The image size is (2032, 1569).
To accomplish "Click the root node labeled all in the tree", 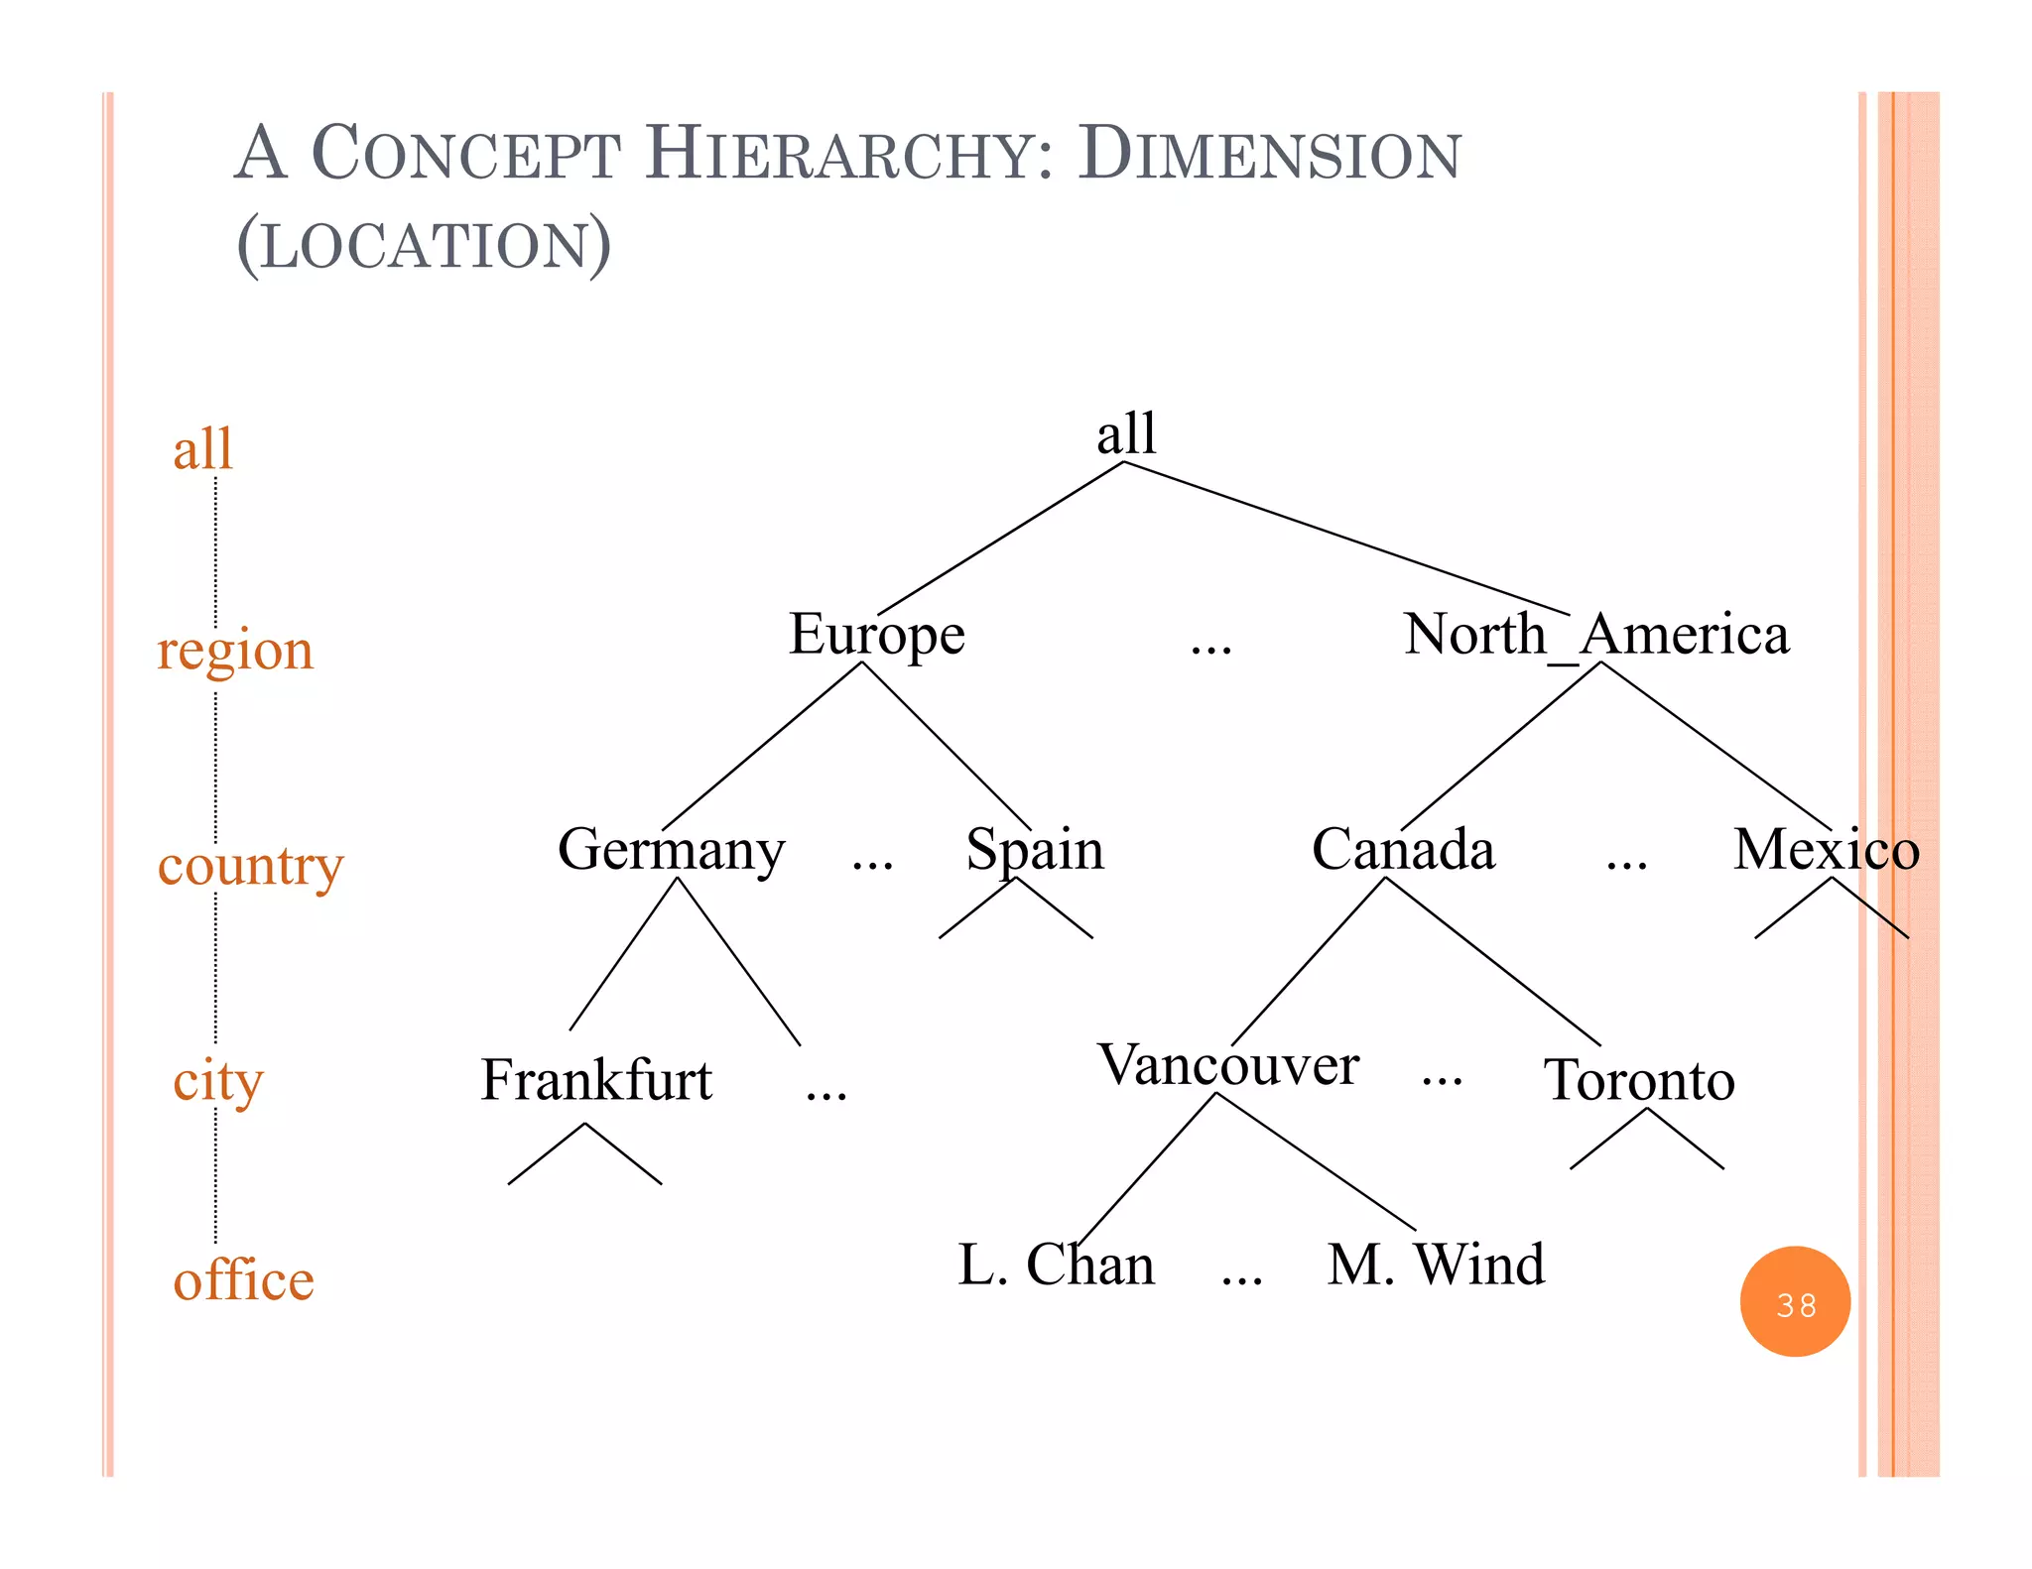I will (1126, 433).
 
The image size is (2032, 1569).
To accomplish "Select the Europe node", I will (876, 635).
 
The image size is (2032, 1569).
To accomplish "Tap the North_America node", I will (1596, 635).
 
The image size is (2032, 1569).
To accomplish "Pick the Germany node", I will (671, 850).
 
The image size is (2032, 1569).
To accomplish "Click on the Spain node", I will (1035, 850).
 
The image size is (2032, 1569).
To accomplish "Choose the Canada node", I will (1403, 850).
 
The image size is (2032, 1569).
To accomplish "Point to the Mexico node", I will (1826, 850).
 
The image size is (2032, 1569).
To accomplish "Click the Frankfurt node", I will (596, 1080).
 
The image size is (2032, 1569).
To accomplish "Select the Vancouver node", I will (1228, 1065).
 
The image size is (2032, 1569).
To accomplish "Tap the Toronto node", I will (1639, 1080).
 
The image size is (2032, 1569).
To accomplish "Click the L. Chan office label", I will (1057, 1265).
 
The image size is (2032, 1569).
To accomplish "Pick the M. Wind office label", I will (1436, 1265).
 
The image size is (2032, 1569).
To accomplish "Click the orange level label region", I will (235, 652).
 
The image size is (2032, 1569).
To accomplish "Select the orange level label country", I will (250, 866).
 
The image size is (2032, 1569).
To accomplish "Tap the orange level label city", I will (218, 1080).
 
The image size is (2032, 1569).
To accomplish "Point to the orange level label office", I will (243, 1280).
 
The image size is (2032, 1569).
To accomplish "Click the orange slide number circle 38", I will (1795, 1302).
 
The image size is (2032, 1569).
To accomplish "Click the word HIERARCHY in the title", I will (849, 155).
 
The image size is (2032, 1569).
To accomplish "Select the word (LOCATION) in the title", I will (424, 245).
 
